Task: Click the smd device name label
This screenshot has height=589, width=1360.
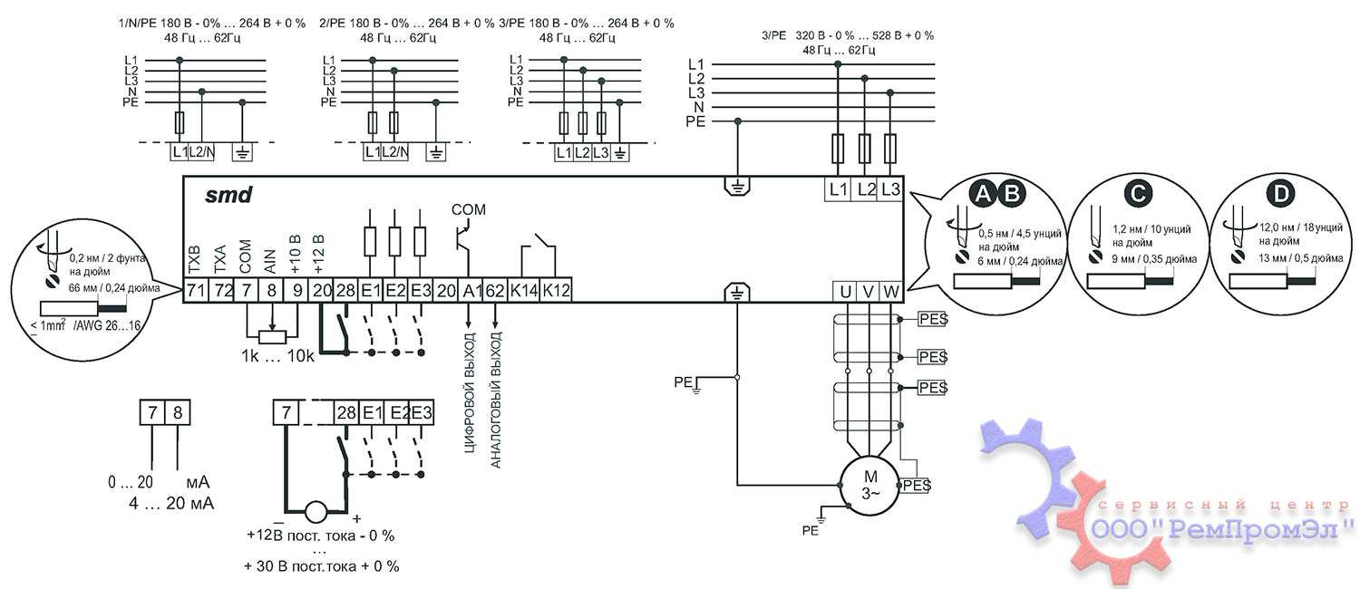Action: [x=228, y=194]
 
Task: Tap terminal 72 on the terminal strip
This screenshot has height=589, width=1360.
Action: [x=221, y=291]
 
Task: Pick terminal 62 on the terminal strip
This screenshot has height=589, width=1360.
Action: [x=494, y=291]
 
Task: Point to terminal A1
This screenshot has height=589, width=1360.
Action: [x=469, y=291]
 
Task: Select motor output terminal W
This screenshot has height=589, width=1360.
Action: [x=891, y=292]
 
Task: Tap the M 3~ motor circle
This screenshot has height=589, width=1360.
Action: [x=869, y=485]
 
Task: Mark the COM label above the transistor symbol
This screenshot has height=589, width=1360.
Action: [x=469, y=209]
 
